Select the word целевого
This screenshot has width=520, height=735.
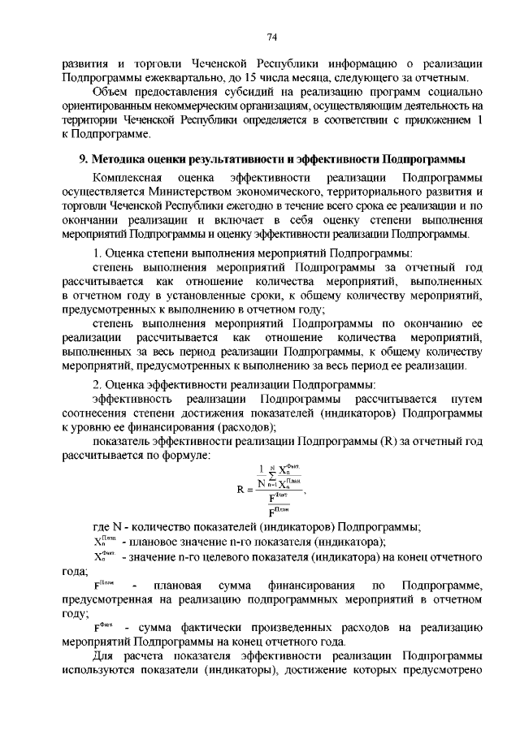230,556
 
